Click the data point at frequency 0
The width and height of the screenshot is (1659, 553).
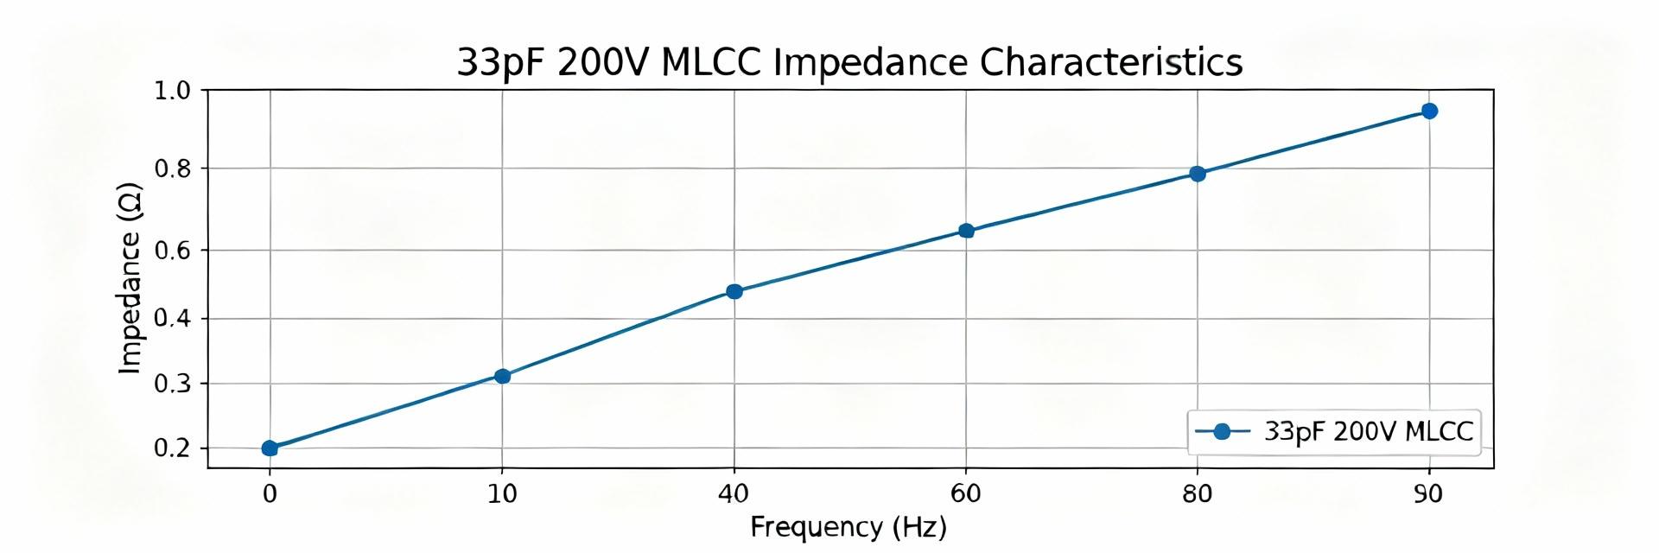(270, 448)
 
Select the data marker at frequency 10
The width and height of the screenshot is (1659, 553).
(502, 376)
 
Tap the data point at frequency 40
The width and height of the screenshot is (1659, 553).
(734, 291)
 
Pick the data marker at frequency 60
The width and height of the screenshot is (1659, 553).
(966, 231)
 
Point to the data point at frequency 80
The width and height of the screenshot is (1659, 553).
(1198, 174)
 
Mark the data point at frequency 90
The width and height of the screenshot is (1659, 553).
(1429, 111)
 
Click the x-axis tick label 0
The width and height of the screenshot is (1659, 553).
(270, 494)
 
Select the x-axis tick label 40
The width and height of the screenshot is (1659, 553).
(734, 494)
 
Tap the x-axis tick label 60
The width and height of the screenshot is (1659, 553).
(965, 494)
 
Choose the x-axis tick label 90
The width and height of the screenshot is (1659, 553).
(1428, 494)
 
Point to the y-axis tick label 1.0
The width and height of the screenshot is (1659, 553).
(172, 91)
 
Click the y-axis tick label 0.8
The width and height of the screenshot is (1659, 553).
(172, 168)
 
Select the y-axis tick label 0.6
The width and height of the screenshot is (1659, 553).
(172, 251)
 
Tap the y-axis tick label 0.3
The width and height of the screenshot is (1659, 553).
(172, 384)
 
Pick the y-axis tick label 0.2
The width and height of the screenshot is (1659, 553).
(172, 448)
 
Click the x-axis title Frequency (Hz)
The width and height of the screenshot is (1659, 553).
(848, 527)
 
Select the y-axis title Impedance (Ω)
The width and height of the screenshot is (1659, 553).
(130, 278)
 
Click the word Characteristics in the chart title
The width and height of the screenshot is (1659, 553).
(1110, 62)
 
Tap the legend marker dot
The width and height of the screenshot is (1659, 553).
(1222, 431)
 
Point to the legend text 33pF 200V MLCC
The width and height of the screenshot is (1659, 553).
(1368, 431)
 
